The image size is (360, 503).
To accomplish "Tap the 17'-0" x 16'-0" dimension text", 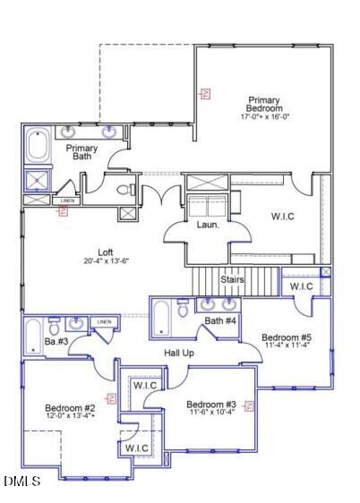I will coord(264,117).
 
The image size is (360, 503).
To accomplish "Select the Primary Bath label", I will coord(82,153).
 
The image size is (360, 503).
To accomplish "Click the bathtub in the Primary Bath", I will coord(39,146).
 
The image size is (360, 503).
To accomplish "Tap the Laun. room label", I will coord(208,225).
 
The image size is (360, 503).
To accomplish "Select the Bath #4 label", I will coord(220,320).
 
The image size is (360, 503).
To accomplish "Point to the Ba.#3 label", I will coord(56,341).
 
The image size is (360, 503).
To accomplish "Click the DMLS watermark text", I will coord(21,482).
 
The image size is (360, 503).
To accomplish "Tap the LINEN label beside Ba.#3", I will coord(104,321).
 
